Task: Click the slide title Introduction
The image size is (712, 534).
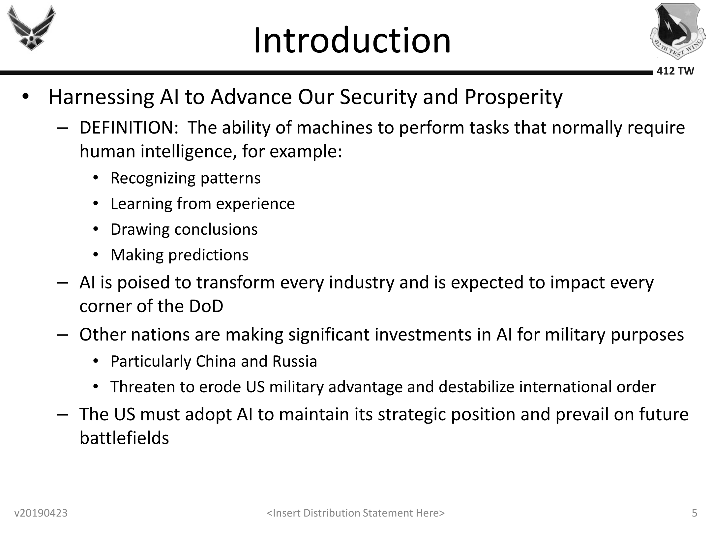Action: point(352,41)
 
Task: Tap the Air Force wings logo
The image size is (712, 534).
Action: point(32,28)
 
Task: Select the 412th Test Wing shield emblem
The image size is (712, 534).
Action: point(677,31)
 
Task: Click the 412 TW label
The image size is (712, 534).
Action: point(675,71)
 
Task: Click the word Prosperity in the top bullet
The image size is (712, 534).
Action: point(514,98)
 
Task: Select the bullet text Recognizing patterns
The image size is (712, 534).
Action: point(186,178)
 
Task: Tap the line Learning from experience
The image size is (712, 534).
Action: point(203,204)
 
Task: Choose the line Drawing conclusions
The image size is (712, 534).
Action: point(184,229)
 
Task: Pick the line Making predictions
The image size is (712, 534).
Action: point(180,255)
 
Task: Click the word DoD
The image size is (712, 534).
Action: point(206,306)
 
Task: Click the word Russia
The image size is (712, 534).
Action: point(295,361)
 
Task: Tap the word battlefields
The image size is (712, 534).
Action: point(124,438)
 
